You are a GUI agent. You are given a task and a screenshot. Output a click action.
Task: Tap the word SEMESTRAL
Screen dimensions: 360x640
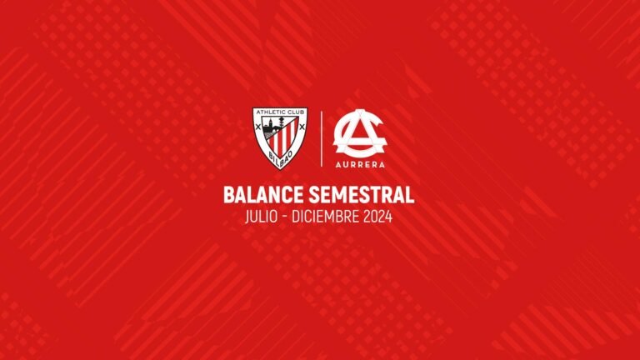pos(360,196)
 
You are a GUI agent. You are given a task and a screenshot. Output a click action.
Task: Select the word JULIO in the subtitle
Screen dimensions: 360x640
pos(265,217)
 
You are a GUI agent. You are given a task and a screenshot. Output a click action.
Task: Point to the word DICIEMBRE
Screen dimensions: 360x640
pos(327,217)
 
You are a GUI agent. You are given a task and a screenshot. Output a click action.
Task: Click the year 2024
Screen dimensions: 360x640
pos(376,217)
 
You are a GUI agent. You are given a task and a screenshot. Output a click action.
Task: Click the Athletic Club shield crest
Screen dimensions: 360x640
pos(279,136)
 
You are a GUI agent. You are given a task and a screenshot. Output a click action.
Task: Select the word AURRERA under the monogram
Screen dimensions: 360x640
pos(359,166)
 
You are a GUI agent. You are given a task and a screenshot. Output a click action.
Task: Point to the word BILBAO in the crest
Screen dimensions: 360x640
pos(279,159)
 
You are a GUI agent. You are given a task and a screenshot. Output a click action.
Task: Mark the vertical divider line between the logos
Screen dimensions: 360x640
pos(321,137)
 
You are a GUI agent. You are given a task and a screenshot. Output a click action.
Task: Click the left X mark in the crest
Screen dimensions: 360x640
pos(261,129)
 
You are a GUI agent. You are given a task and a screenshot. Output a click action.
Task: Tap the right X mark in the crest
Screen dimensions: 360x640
pos(297,129)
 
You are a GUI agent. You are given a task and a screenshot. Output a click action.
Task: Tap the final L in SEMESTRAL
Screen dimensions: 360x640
pos(409,196)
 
